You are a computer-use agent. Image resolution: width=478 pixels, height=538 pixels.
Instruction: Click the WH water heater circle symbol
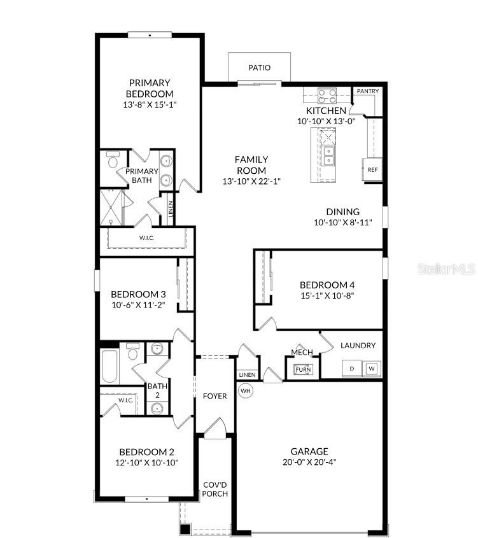(x=246, y=390)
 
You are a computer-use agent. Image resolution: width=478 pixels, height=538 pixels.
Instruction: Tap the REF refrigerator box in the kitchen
(x=373, y=170)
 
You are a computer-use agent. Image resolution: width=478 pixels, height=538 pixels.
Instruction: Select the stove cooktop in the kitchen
(x=327, y=96)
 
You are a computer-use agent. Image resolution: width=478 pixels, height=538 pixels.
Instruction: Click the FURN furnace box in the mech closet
(x=303, y=369)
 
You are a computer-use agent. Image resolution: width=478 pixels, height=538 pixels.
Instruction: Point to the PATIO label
(x=259, y=67)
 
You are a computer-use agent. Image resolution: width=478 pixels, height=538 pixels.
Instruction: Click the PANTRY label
(x=367, y=91)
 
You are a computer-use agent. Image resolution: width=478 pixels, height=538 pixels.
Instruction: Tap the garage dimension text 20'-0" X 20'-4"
(x=310, y=462)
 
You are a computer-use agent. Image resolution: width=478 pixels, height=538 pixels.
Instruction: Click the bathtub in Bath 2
(x=110, y=367)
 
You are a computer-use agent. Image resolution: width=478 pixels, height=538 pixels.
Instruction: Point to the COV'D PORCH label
(x=215, y=489)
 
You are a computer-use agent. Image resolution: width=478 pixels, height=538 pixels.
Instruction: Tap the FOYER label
(x=215, y=396)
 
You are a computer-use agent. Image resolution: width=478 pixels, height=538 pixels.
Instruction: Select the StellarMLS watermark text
(x=446, y=269)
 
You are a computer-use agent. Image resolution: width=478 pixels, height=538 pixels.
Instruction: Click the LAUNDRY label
(x=358, y=346)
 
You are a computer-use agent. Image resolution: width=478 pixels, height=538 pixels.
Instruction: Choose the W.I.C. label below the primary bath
(x=147, y=238)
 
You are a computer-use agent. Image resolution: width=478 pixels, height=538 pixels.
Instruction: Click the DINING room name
(x=342, y=212)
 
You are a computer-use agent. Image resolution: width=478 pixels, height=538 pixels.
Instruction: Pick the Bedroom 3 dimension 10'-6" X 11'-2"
(x=138, y=305)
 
